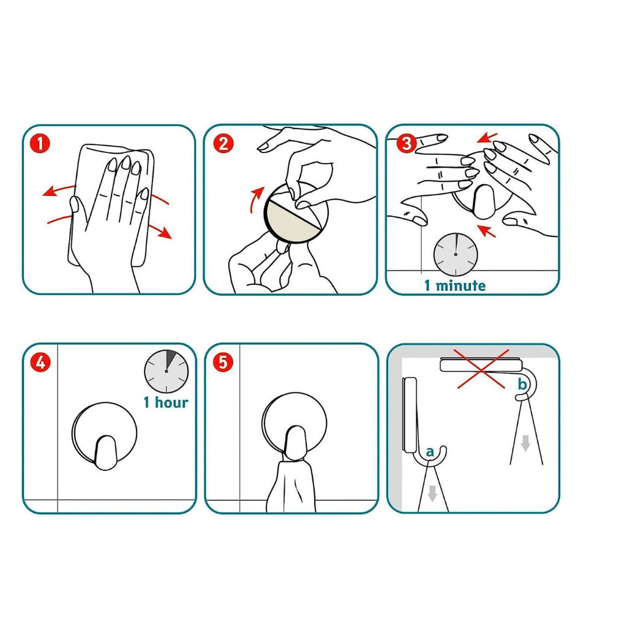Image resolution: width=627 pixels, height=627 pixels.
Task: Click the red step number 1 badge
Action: (40, 144)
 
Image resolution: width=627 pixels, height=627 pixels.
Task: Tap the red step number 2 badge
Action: (223, 144)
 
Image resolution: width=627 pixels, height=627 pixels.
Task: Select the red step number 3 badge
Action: (407, 143)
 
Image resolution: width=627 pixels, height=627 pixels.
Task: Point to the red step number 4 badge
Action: (40, 363)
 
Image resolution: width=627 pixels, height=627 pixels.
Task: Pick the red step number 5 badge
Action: (223, 362)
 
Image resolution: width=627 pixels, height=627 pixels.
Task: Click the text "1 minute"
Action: (455, 285)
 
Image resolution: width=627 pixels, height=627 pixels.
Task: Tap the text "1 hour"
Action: (166, 402)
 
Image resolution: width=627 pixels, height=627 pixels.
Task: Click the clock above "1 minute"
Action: (456, 254)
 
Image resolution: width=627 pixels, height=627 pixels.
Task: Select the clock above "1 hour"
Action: (167, 372)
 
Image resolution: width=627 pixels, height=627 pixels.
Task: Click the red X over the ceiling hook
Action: (481, 369)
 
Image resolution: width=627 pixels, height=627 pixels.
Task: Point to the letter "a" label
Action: (430, 452)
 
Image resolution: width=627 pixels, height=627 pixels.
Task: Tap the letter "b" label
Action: (522, 384)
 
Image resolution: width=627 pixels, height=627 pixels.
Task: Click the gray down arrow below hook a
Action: (432, 493)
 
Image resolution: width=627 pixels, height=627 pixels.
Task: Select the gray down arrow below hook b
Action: (525, 443)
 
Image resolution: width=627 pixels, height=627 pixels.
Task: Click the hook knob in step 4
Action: (105, 452)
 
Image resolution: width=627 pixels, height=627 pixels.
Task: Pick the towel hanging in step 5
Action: (290, 486)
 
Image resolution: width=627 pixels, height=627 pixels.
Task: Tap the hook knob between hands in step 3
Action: (484, 201)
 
